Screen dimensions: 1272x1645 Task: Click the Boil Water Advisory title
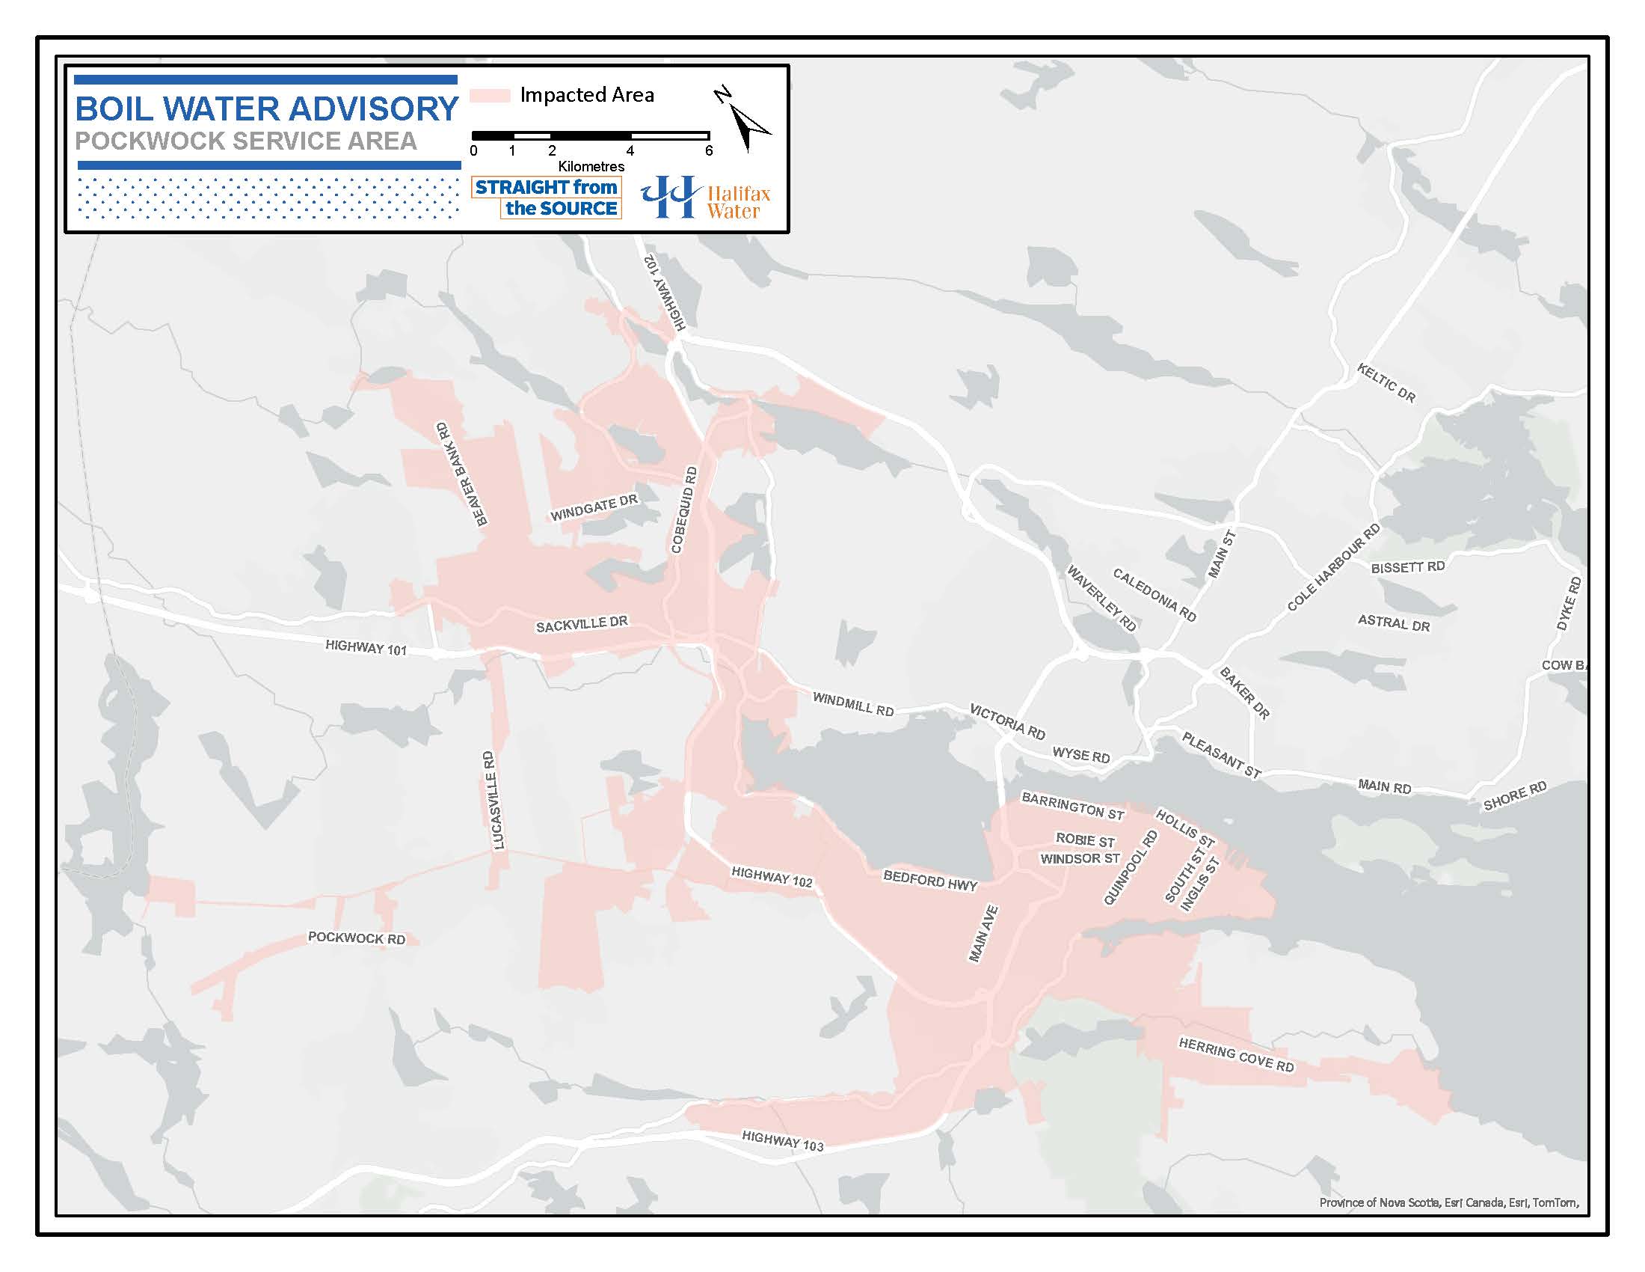(x=267, y=109)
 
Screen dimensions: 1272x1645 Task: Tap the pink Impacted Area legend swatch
(x=491, y=96)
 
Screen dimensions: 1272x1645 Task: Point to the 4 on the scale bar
(x=630, y=150)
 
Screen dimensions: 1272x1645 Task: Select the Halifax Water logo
(x=705, y=198)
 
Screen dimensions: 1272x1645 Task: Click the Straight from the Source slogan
(x=546, y=198)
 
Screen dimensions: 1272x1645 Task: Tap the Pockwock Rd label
(x=356, y=938)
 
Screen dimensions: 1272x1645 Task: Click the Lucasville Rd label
(x=493, y=801)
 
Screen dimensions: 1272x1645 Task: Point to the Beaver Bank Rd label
(x=461, y=474)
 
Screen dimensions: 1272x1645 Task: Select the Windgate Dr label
(x=594, y=508)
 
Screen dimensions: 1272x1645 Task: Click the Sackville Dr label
(x=582, y=624)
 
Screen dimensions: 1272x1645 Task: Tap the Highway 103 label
(x=783, y=1141)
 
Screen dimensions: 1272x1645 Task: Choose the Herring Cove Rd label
(x=1236, y=1055)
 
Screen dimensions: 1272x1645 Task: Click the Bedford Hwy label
(x=930, y=880)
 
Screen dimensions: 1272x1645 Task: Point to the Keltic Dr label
(x=1386, y=383)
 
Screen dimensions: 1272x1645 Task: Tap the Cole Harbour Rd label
(x=1333, y=566)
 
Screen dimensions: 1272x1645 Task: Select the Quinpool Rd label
(x=1130, y=867)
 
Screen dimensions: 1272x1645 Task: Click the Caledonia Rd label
(x=1154, y=596)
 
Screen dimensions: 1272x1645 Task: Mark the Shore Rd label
(x=1515, y=797)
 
